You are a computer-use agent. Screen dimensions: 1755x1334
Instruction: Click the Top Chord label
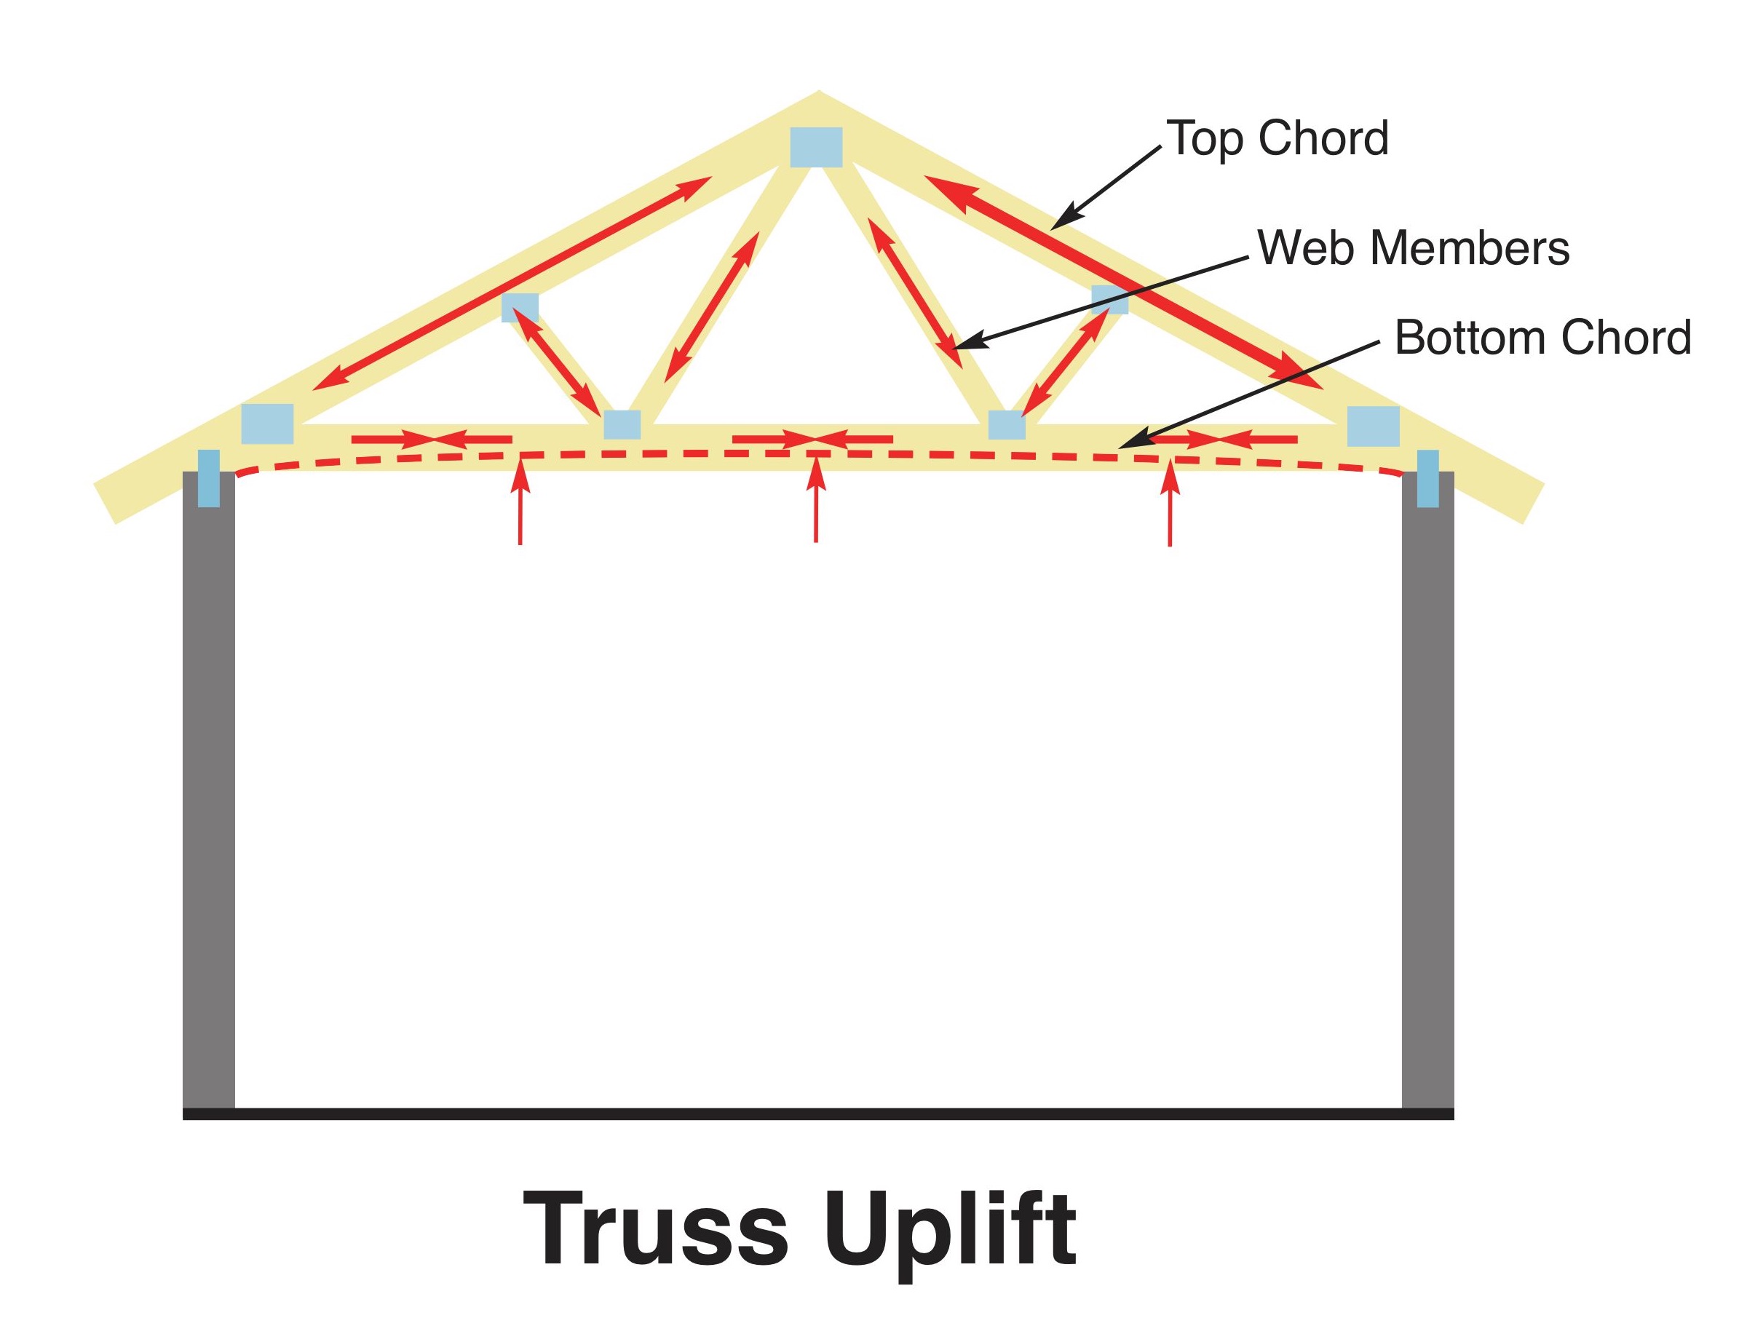coord(1277,139)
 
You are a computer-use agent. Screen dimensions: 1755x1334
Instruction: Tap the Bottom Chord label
coord(1543,338)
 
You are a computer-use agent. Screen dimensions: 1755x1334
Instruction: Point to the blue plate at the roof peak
coord(816,147)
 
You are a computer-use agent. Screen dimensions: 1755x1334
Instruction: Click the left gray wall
coord(209,790)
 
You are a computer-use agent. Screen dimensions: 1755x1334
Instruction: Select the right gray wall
coord(1428,790)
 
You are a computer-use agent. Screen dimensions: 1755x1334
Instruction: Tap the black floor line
coord(818,1114)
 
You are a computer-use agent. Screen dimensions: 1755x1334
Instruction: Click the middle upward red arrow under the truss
coord(816,500)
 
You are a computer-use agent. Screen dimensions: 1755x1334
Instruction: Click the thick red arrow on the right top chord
coord(1124,282)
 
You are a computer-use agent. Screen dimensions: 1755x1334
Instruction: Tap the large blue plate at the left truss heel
coord(268,424)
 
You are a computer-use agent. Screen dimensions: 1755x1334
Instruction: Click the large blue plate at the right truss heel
coord(1373,426)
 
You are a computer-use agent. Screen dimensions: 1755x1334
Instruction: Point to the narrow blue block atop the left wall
coord(209,478)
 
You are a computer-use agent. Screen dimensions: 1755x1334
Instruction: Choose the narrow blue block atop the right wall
coord(1428,479)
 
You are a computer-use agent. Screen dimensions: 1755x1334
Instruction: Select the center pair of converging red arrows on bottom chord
coord(813,439)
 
